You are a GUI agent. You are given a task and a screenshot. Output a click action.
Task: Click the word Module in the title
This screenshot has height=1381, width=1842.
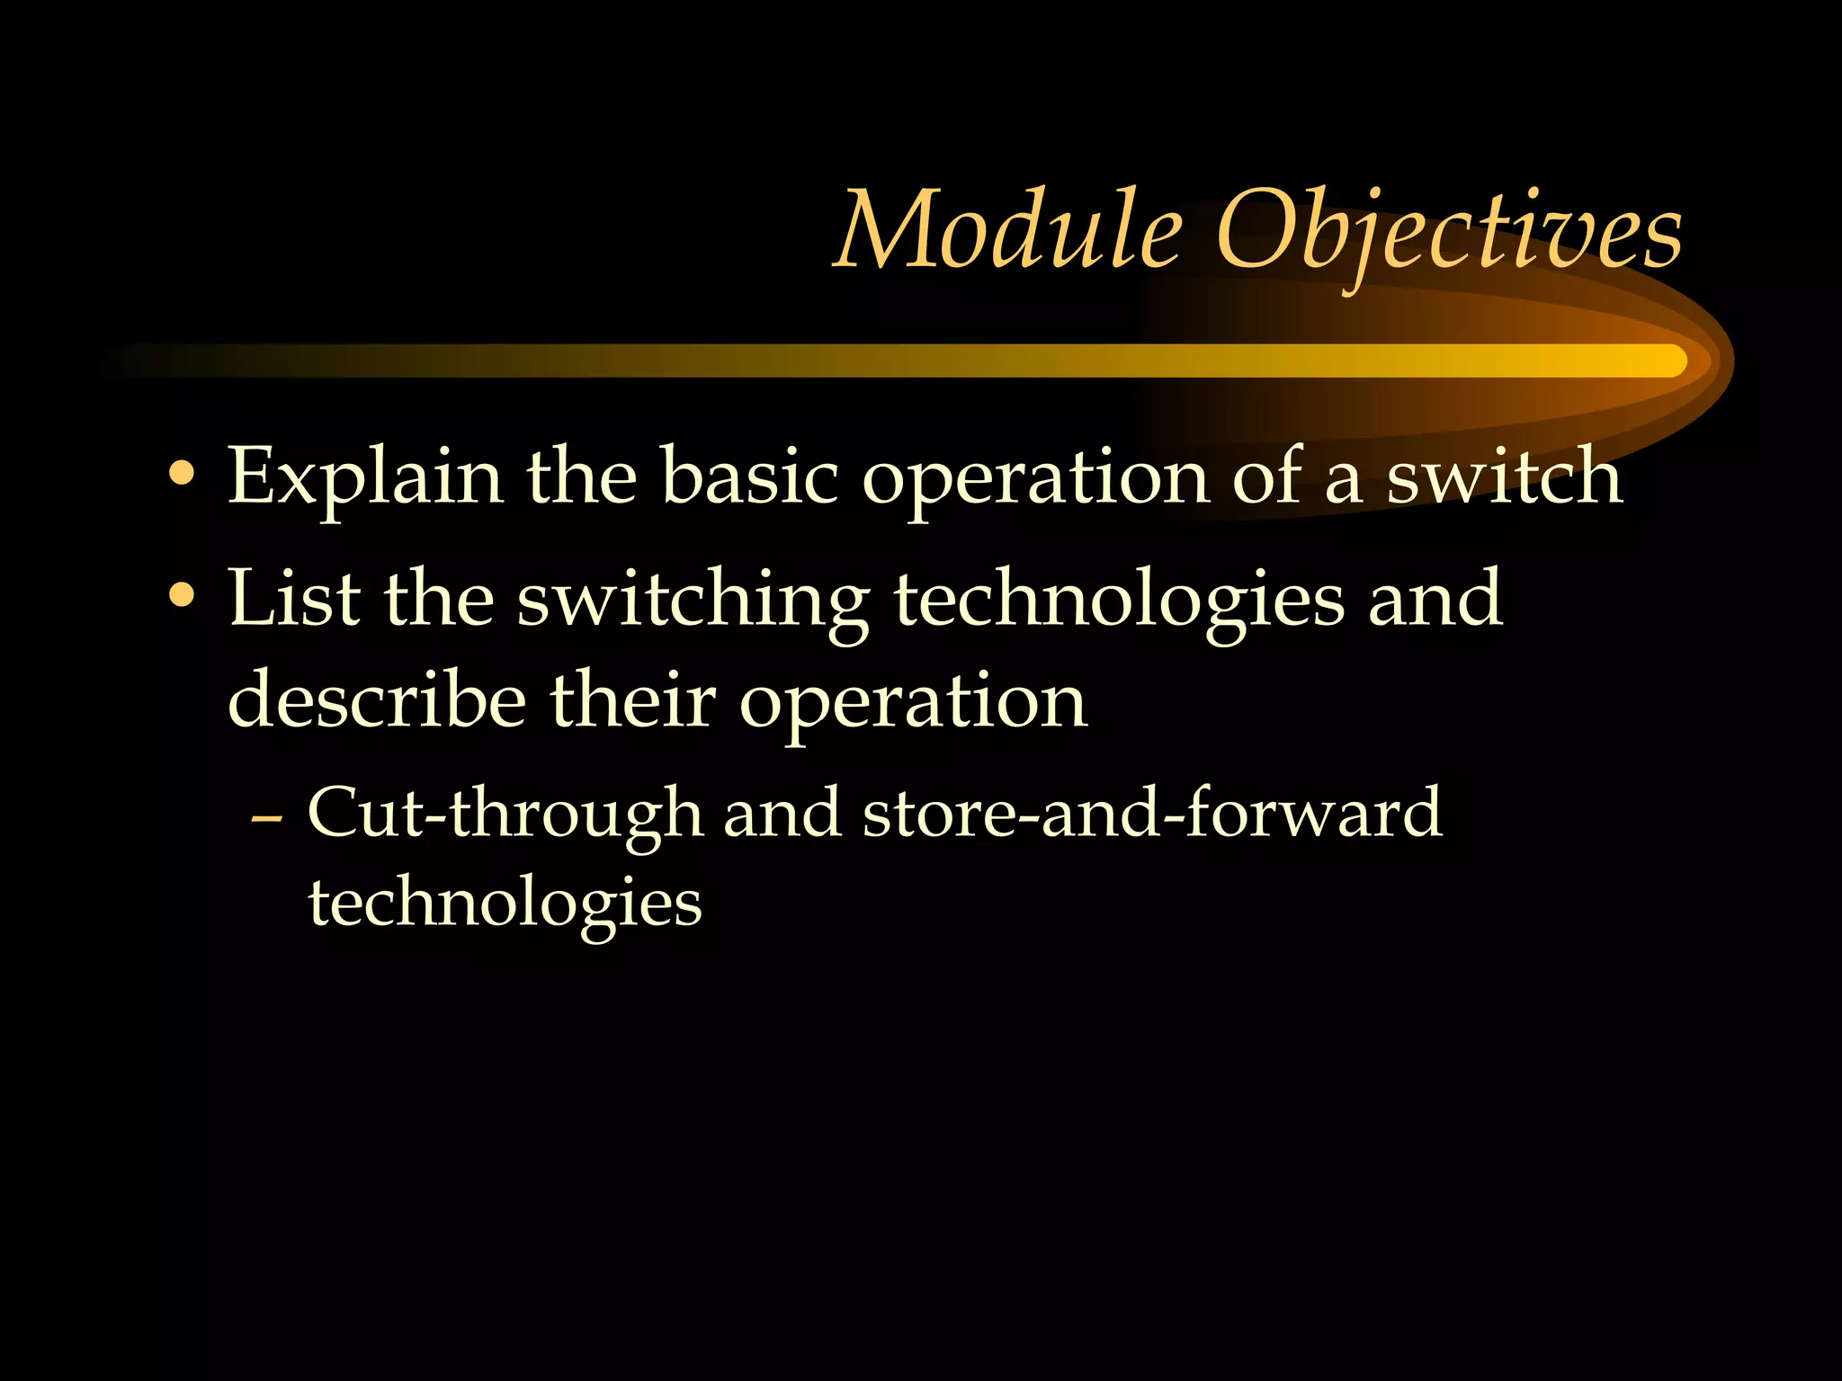click(x=1007, y=232)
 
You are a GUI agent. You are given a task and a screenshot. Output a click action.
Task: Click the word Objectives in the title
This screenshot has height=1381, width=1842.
click(x=1447, y=232)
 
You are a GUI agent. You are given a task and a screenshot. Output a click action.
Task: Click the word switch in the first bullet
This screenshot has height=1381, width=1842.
click(x=1504, y=477)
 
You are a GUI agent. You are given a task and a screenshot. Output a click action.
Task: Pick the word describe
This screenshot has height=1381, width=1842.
click(x=377, y=699)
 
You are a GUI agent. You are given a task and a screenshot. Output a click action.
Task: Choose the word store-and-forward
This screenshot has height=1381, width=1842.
click(x=1151, y=812)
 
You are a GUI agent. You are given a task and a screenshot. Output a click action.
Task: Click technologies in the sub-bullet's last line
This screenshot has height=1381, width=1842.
click(x=505, y=904)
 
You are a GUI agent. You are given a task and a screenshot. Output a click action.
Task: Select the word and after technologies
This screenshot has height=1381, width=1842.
click(x=1435, y=598)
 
